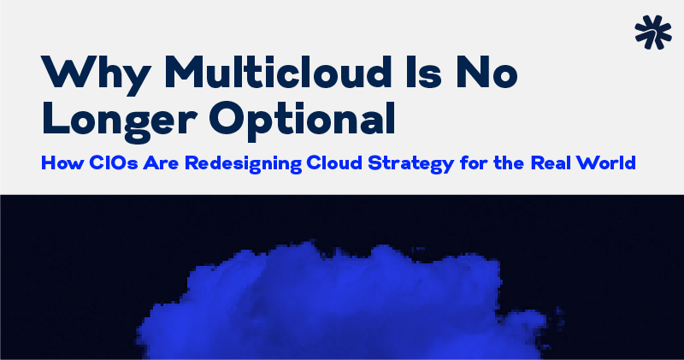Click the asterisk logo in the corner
tap(653, 31)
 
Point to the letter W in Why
tap(65, 74)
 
